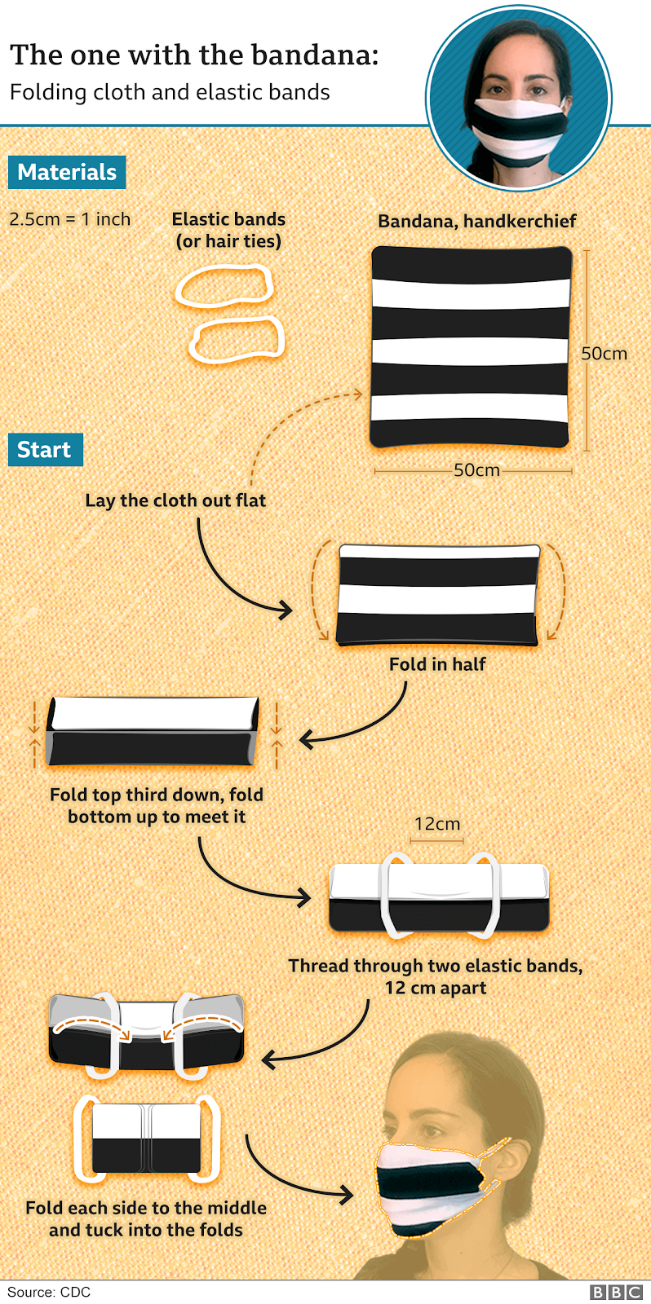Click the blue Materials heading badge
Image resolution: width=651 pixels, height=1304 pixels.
click(67, 172)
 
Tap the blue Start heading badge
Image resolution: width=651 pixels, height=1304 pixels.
click(45, 450)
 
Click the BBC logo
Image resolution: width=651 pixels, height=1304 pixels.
click(617, 1292)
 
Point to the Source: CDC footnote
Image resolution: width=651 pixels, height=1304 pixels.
click(49, 1292)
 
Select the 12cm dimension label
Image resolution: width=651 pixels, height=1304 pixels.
click(437, 824)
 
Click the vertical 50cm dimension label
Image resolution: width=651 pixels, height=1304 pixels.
click(604, 354)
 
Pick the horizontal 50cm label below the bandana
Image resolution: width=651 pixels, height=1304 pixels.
click(476, 470)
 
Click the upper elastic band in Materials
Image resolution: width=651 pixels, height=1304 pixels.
click(224, 286)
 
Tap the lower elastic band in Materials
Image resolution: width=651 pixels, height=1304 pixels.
click(237, 339)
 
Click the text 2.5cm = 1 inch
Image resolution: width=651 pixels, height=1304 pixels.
click(70, 219)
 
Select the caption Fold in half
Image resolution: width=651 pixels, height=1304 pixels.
click(437, 664)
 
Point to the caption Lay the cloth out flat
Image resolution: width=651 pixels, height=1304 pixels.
click(175, 500)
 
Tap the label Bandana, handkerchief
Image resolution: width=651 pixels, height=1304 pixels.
click(477, 221)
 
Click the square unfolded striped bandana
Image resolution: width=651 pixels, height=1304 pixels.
click(471, 347)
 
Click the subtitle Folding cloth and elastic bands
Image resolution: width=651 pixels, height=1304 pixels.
click(170, 92)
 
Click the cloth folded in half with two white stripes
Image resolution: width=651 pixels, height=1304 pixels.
click(438, 595)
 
